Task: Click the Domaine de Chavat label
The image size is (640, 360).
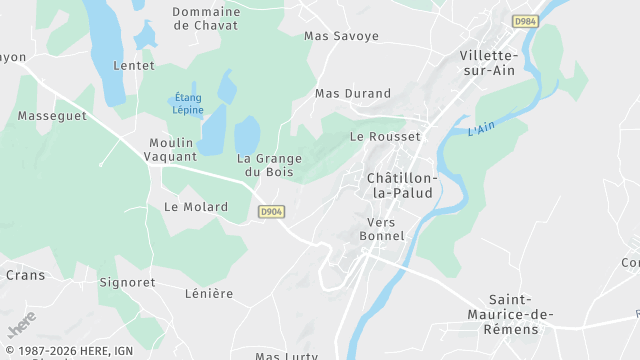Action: point(206,19)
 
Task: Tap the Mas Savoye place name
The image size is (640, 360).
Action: point(342,36)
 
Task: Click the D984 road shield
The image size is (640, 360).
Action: point(524,21)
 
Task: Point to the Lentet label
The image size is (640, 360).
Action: point(135,66)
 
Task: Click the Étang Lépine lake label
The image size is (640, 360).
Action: point(189,104)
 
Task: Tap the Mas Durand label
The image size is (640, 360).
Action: point(353,94)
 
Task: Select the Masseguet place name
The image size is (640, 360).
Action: point(52,116)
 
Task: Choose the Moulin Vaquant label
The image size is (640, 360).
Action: point(172,150)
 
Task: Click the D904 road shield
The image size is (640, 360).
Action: point(270,212)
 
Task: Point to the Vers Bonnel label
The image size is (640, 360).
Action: point(386,229)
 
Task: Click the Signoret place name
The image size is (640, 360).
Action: point(127,283)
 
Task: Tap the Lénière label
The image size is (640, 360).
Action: point(209,294)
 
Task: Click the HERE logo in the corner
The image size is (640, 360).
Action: point(21,324)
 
